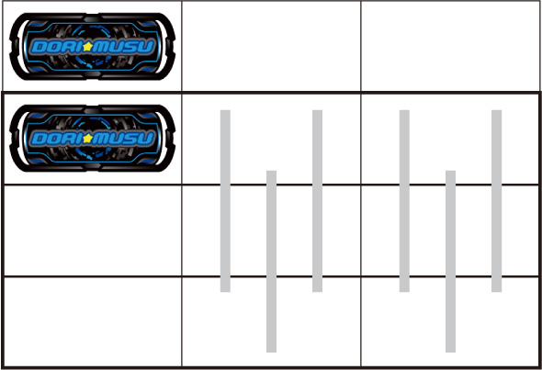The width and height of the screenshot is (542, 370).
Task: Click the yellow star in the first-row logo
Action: (87, 46)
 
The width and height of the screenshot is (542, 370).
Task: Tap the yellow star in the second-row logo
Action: (87, 139)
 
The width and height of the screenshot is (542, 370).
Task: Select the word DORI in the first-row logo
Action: (57, 47)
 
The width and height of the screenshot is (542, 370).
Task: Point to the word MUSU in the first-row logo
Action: (123, 47)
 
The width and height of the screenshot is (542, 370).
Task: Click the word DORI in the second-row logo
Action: (57, 139)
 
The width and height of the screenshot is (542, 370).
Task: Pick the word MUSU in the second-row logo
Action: (123, 139)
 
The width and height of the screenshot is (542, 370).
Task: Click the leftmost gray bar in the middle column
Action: (225, 201)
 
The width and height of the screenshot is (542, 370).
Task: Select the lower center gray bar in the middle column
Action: (271, 261)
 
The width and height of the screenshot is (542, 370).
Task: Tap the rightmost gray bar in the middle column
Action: (317, 201)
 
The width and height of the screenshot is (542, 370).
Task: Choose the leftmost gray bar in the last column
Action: (404, 201)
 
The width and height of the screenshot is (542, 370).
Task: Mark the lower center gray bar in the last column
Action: (450, 261)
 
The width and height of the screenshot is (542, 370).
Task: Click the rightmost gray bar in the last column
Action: (497, 201)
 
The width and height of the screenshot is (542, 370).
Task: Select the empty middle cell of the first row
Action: (271, 46)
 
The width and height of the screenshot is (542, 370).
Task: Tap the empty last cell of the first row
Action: (450, 46)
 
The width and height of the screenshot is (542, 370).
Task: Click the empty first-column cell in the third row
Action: (92, 230)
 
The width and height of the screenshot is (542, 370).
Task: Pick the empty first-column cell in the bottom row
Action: (92, 321)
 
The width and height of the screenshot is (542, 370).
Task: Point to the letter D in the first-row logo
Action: (38, 47)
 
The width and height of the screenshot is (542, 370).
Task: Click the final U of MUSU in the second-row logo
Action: (147, 139)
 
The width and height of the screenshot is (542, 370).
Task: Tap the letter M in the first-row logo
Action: (101, 47)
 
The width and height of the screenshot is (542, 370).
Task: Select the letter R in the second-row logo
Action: (66, 139)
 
